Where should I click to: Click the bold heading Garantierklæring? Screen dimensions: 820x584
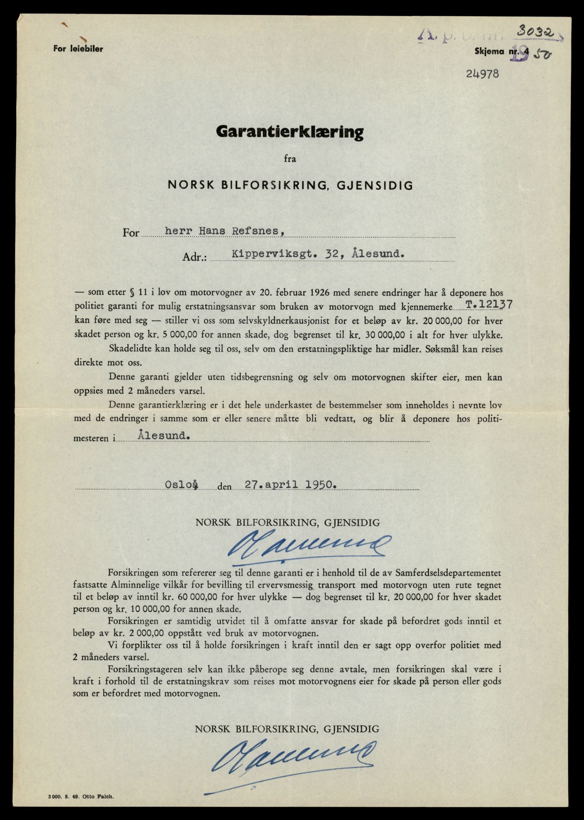(x=290, y=132)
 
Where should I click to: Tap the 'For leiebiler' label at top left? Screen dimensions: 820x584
(x=78, y=49)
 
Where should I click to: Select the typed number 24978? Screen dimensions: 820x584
(x=483, y=74)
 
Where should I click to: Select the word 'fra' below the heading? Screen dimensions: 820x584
(x=290, y=159)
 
